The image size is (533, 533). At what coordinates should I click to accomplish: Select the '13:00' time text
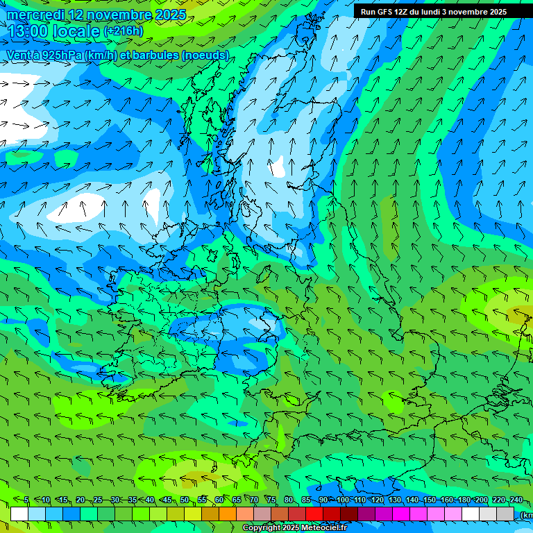point(28,31)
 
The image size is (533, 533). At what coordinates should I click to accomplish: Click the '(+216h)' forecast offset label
point(123,31)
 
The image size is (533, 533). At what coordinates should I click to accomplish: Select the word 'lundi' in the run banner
point(429,12)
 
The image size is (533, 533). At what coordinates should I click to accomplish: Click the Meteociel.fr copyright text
point(294,528)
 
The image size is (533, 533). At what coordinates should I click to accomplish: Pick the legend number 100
point(342,500)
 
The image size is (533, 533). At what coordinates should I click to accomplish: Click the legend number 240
point(516,500)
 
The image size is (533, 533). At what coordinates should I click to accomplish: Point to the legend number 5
point(26,500)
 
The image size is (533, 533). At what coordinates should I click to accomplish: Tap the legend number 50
point(185,500)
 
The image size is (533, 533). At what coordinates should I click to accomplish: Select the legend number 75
point(271,500)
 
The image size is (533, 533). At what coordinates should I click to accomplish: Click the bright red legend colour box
point(314,514)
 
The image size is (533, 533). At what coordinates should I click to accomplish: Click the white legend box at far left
point(19,514)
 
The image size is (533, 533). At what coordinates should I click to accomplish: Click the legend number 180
point(464,500)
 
